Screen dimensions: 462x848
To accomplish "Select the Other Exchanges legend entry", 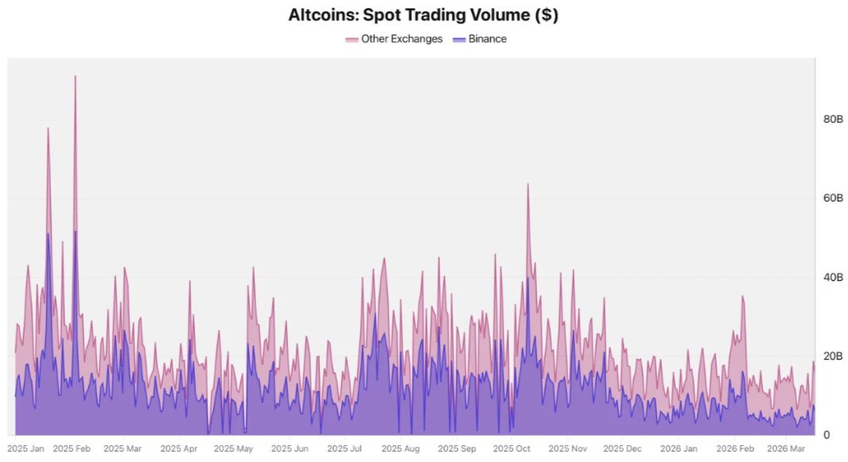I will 401,38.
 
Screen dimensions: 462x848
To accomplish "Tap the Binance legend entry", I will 488,38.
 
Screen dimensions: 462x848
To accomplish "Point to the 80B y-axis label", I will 833,119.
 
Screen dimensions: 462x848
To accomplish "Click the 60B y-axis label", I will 833,198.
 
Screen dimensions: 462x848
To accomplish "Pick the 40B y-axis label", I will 833,277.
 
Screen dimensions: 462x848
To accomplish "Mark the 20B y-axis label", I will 833,356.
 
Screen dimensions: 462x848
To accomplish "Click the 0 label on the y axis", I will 827,435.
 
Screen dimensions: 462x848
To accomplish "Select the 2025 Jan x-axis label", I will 26,449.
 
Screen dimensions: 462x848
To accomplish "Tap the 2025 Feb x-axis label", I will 72,449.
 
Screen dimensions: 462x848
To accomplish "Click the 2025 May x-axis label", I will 233,449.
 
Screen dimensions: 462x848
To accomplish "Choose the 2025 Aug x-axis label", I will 400,449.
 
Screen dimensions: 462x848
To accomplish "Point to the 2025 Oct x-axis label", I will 512,449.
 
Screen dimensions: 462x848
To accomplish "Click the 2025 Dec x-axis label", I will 623,449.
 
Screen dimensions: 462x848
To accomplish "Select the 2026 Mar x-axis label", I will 785,449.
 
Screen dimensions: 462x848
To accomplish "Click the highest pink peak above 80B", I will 75,77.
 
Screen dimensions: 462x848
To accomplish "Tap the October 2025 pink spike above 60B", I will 527,185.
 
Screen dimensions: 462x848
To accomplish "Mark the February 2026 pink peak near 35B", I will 742,297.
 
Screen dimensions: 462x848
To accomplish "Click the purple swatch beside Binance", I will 459,39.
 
